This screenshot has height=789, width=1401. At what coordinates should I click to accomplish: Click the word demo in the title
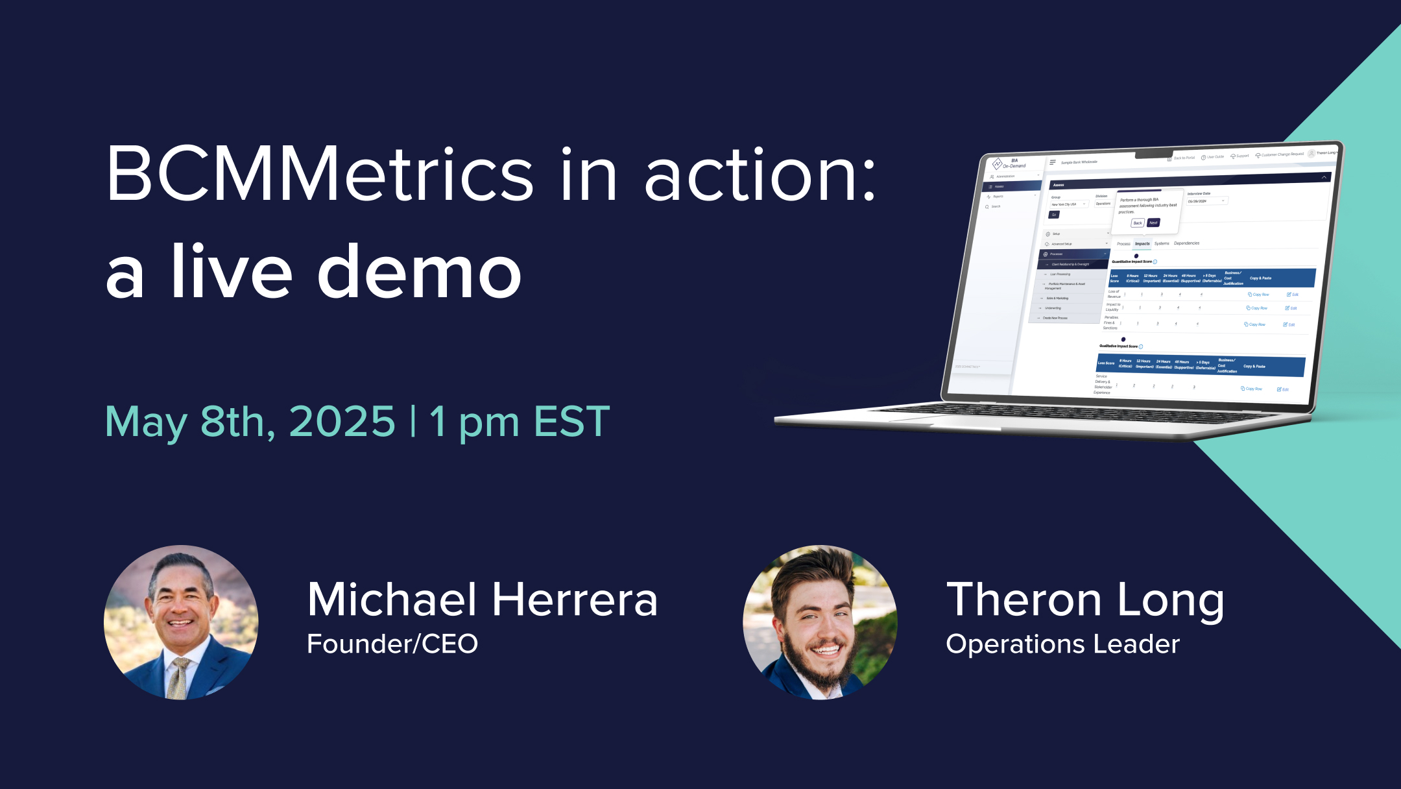419,273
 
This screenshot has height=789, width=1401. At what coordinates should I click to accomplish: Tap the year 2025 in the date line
342,422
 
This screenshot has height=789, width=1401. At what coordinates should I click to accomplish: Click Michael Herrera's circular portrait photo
181,622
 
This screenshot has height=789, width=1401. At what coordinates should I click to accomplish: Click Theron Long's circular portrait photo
820,622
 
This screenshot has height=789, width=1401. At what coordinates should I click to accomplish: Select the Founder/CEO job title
392,644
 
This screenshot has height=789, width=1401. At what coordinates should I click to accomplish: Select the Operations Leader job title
1062,644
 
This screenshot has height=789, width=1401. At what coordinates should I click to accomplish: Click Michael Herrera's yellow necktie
179,678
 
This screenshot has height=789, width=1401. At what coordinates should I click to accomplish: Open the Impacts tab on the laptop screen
1142,244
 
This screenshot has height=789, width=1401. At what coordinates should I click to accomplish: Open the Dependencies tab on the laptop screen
1186,243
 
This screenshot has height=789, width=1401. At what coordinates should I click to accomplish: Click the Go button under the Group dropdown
1054,215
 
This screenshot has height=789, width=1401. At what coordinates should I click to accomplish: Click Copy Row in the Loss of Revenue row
1258,295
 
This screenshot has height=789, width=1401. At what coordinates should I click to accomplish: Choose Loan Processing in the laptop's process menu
1060,274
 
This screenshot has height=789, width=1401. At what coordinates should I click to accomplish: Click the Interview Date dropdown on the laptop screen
1206,201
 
